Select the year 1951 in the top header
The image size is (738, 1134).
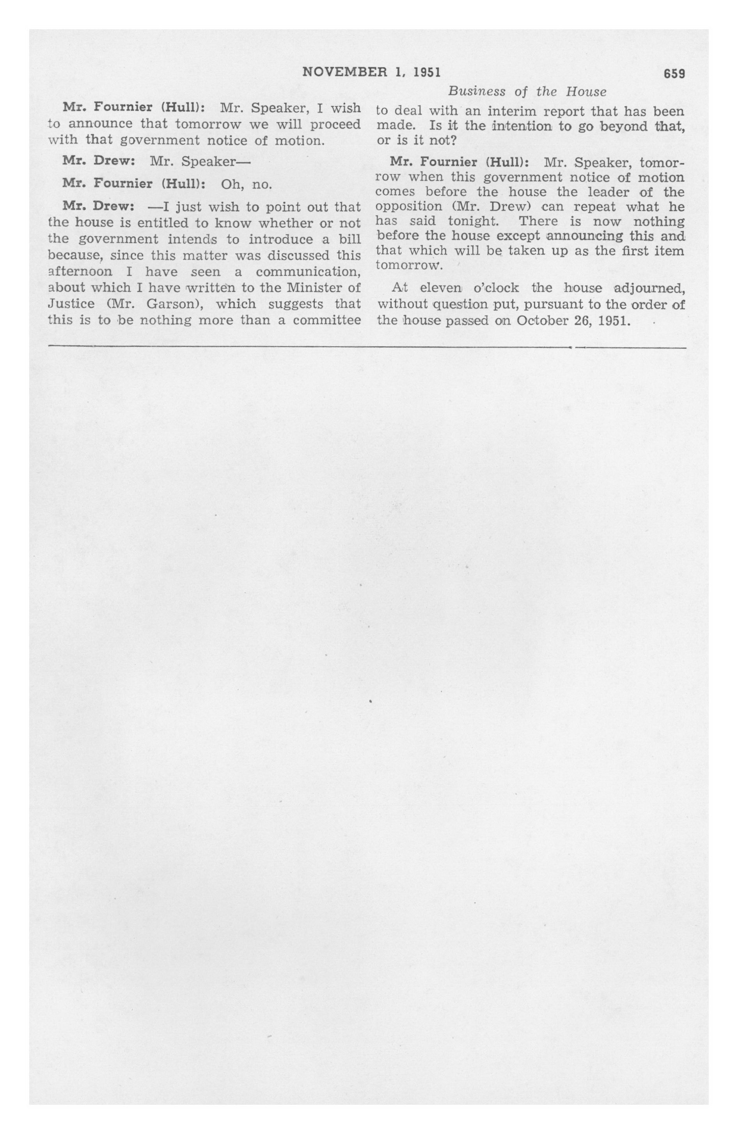tap(426, 72)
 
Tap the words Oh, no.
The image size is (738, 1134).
tap(246, 184)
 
